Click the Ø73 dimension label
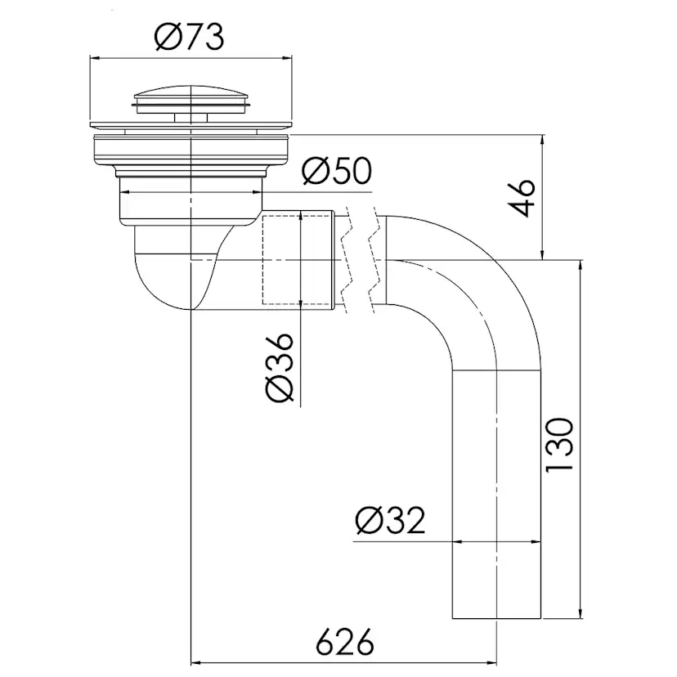click(190, 37)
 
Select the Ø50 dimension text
click(337, 171)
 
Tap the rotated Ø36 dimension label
click(280, 367)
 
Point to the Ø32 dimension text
click(390, 520)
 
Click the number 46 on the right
click(522, 198)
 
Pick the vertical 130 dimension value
click(559, 445)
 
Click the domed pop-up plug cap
click(191, 95)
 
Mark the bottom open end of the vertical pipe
click(496, 618)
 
